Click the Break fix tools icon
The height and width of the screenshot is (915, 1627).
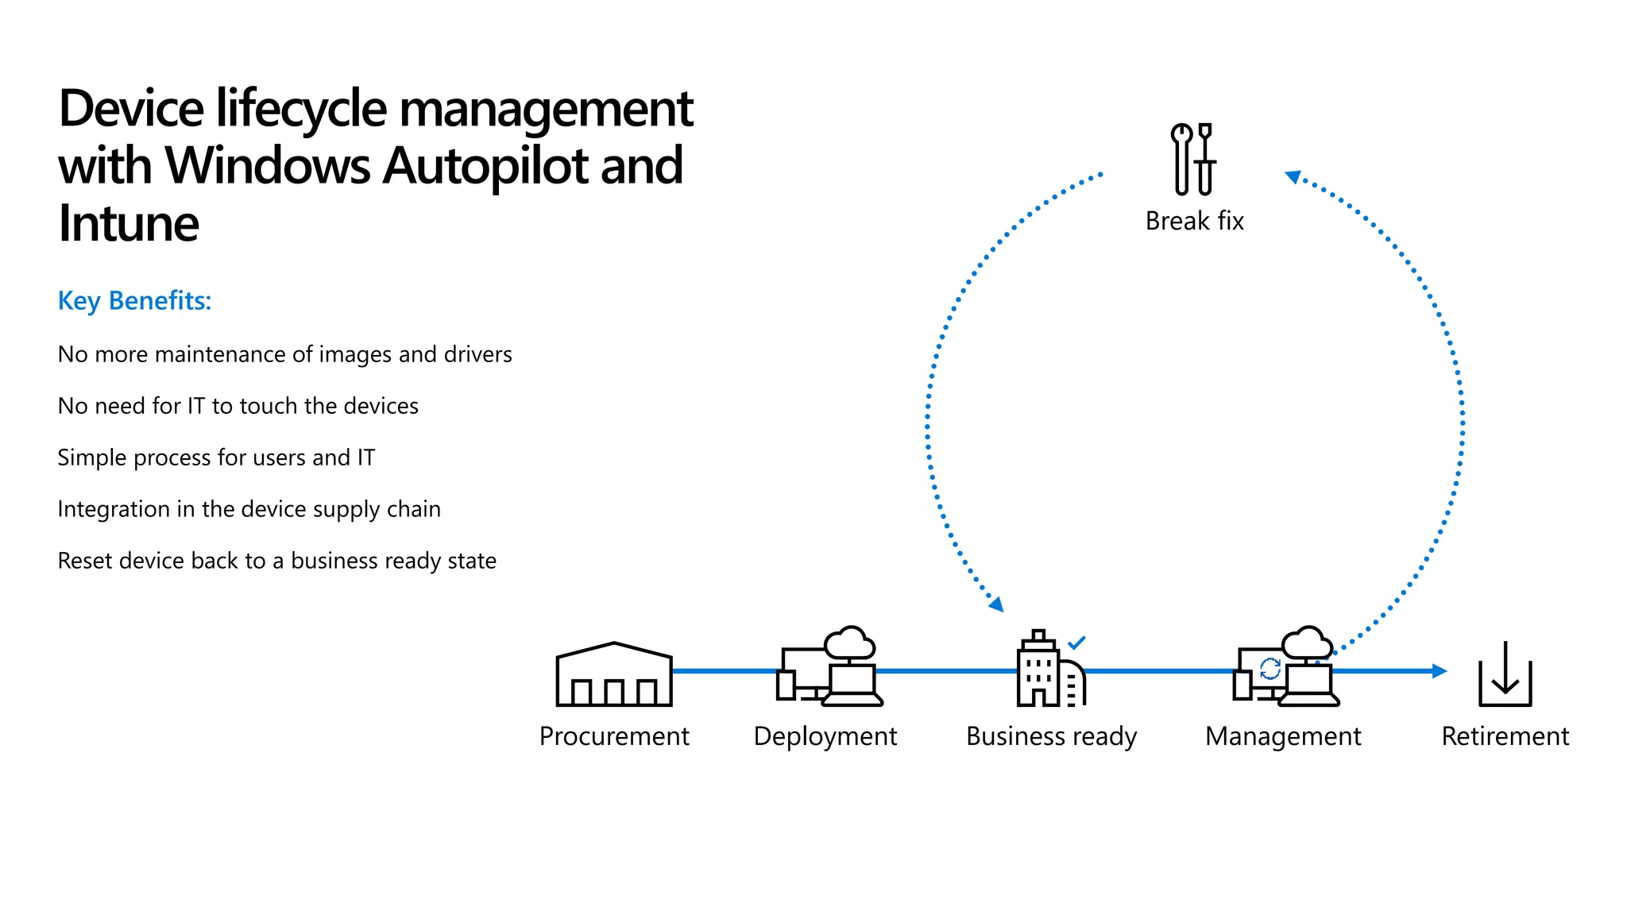pyautogui.click(x=1193, y=159)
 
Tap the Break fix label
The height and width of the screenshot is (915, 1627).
pyautogui.click(x=1194, y=221)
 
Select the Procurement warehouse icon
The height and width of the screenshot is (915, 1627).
pyautogui.click(x=614, y=675)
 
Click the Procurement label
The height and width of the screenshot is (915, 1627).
pyautogui.click(x=614, y=736)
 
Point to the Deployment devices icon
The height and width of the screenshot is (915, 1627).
pyautogui.click(x=829, y=667)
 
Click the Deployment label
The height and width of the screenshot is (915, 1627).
pyautogui.click(x=825, y=736)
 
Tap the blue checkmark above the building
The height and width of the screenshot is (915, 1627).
pyautogui.click(x=1076, y=643)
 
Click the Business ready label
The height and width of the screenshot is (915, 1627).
pyautogui.click(x=1051, y=736)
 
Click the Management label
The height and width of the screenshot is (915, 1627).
pyautogui.click(x=1282, y=736)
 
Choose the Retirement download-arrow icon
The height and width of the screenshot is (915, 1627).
pyautogui.click(x=1505, y=675)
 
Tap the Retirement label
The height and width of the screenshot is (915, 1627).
pyautogui.click(x=1505, y=736)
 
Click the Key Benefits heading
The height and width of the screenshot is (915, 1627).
pyautogui.click(x=134, y=301)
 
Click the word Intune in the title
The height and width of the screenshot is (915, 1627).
pyautogui.click(x=128, y=223)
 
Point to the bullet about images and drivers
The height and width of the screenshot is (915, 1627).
pyautogui.click(x=284, y=354)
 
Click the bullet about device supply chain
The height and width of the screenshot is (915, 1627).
pyautogui.click(x=249, y=509)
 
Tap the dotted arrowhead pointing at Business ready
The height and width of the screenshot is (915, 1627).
pyautogui.click(x=997, y=605)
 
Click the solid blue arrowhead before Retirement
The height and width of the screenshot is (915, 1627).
pyautogui.click(x=1439, y=671)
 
